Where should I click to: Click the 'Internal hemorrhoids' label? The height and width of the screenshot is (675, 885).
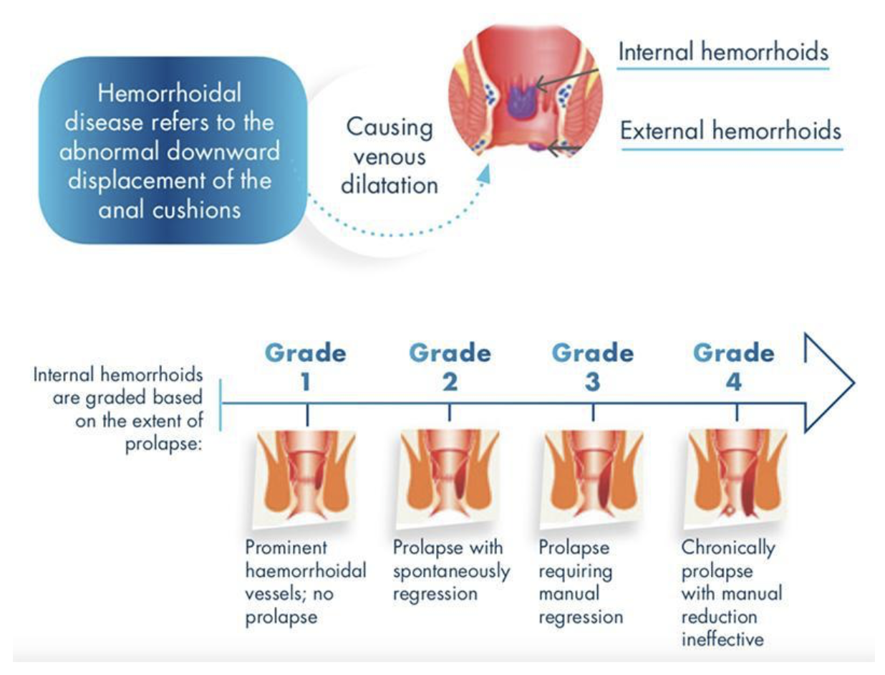pyautogui.click(x=723, y=52)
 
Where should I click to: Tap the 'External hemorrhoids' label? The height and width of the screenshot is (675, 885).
pyautogui.click(x=730, y=130)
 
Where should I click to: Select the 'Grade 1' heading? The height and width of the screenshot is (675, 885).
pyautogui.click(x=306, y=367)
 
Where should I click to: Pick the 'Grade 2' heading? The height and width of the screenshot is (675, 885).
pyautogui.click(x=450, y=367)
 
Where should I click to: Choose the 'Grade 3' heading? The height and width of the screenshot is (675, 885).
pyautogui.click(x=593, y=367)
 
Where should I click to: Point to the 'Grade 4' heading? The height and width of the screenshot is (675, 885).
pyautogui.click(x=734, y=367)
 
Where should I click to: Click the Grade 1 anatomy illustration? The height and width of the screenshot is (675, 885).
pyautogui.click(x=305, y=479)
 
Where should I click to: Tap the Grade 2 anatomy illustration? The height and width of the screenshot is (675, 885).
pyautogui.click(x=449, y=479)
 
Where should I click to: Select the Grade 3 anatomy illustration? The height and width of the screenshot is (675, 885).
pyautogui.click(x=592, y=479)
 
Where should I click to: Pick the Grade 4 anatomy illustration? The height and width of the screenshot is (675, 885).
pyautogui.click(x=736, y=479)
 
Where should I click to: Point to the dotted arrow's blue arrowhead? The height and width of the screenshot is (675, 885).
pyautogui.click(x=485, y=173)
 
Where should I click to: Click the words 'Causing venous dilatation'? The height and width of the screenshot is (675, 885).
pyautogui.click(x=390, y=156)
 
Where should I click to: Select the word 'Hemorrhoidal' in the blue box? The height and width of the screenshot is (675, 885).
pyautogui.click(x=170, y=93)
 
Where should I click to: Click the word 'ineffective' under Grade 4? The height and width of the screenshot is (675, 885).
pyautogui.click(x=722, y=639)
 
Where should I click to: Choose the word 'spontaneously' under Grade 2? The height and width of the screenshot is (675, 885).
pyautogui.click(x=452, y=572)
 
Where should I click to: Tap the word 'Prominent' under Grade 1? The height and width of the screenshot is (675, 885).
pyautogui.click(x=286, y=547)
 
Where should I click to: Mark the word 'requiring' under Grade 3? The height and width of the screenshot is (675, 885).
pyautogui.click(x=576, y=572)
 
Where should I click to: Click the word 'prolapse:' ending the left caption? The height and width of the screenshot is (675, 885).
pyautogui.click(x=163, y=444)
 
